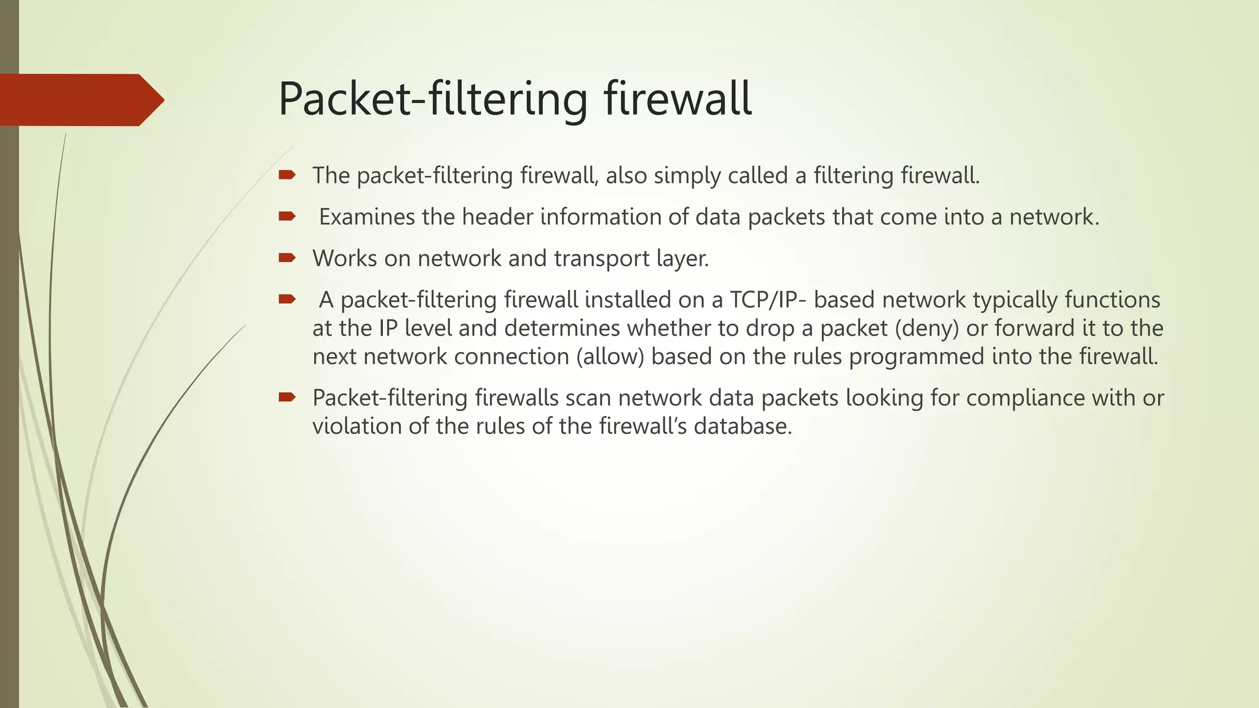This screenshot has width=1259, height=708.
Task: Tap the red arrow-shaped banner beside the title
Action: (x=80, y=100)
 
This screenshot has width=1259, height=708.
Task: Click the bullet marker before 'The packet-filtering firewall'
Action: (x=287, y=175)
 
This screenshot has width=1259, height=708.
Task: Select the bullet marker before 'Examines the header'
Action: (x=287, y=216)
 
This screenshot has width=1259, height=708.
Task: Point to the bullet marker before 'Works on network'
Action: (x=287, y=258)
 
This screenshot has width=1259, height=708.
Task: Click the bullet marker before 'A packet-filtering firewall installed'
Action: (x=287, y=299)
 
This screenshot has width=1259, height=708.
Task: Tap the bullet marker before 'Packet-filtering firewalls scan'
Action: (x=287, y=397)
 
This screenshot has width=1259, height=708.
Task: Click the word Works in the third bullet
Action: (x=344, y=259)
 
